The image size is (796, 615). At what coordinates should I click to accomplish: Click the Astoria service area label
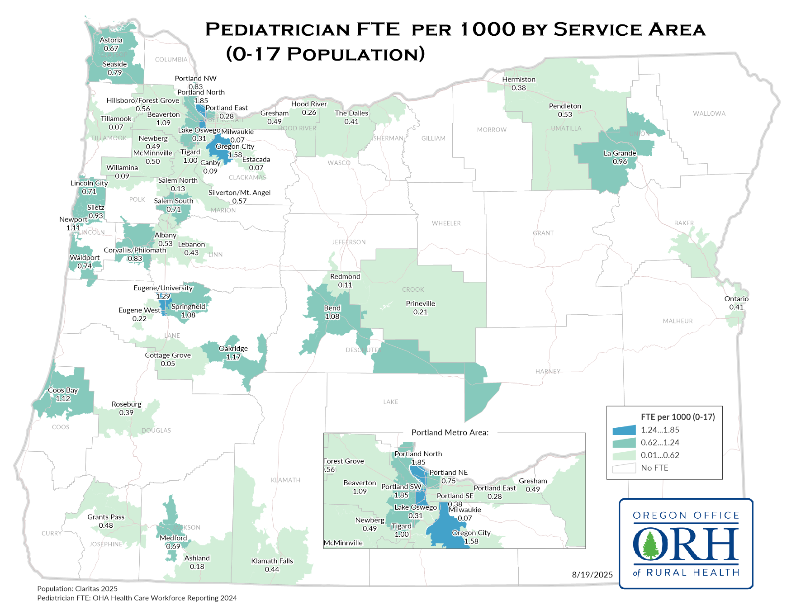(111, 40)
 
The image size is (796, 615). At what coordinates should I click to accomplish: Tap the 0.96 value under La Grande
(620, 162)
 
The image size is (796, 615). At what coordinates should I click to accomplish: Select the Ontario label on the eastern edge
(736, 299)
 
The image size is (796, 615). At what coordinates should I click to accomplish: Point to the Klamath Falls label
(272, 561)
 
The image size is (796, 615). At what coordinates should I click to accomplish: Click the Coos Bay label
(63, 390)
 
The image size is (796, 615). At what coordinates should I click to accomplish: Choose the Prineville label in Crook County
(420, 304)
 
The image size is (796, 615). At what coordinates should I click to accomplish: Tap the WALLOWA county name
(709, 114)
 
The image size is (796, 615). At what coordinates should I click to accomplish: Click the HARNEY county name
(548, 372)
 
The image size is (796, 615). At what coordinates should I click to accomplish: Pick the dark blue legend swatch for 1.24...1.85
(624, 430)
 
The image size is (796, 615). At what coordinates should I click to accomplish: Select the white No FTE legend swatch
(624, 468)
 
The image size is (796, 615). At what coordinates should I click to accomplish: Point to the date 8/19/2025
(592, 575)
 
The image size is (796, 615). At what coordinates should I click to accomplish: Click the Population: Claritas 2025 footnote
(77, 589)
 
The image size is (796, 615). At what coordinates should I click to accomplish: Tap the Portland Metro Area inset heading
(450, 433)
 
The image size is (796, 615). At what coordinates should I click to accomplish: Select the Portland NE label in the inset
(448, 473)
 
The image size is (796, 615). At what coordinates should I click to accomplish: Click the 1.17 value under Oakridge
(233, 357)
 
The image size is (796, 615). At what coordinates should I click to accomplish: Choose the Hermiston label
(519, 80)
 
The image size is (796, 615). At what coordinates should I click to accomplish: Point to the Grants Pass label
(106, 517)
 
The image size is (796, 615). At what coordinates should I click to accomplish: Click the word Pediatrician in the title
(277, 30)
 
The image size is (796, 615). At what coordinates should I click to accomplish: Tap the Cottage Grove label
(168, 355)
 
